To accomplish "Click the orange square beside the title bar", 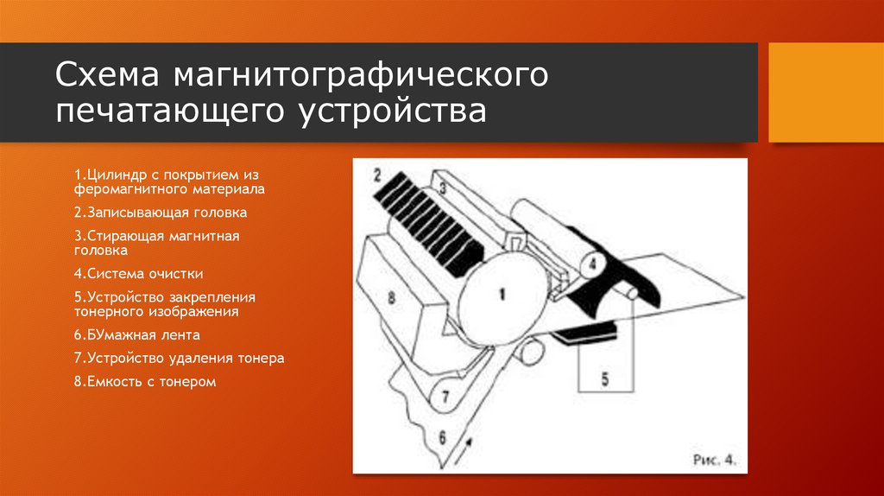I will point(825,92).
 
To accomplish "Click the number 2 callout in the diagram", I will point(376,175).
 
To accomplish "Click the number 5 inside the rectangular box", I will point(604,377).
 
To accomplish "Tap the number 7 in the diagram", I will point(445,398).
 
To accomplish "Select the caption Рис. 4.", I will point(714,460).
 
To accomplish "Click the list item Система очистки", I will point(138,273).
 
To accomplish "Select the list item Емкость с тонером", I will point(144,380).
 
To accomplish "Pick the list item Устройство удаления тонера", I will point(179,358).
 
